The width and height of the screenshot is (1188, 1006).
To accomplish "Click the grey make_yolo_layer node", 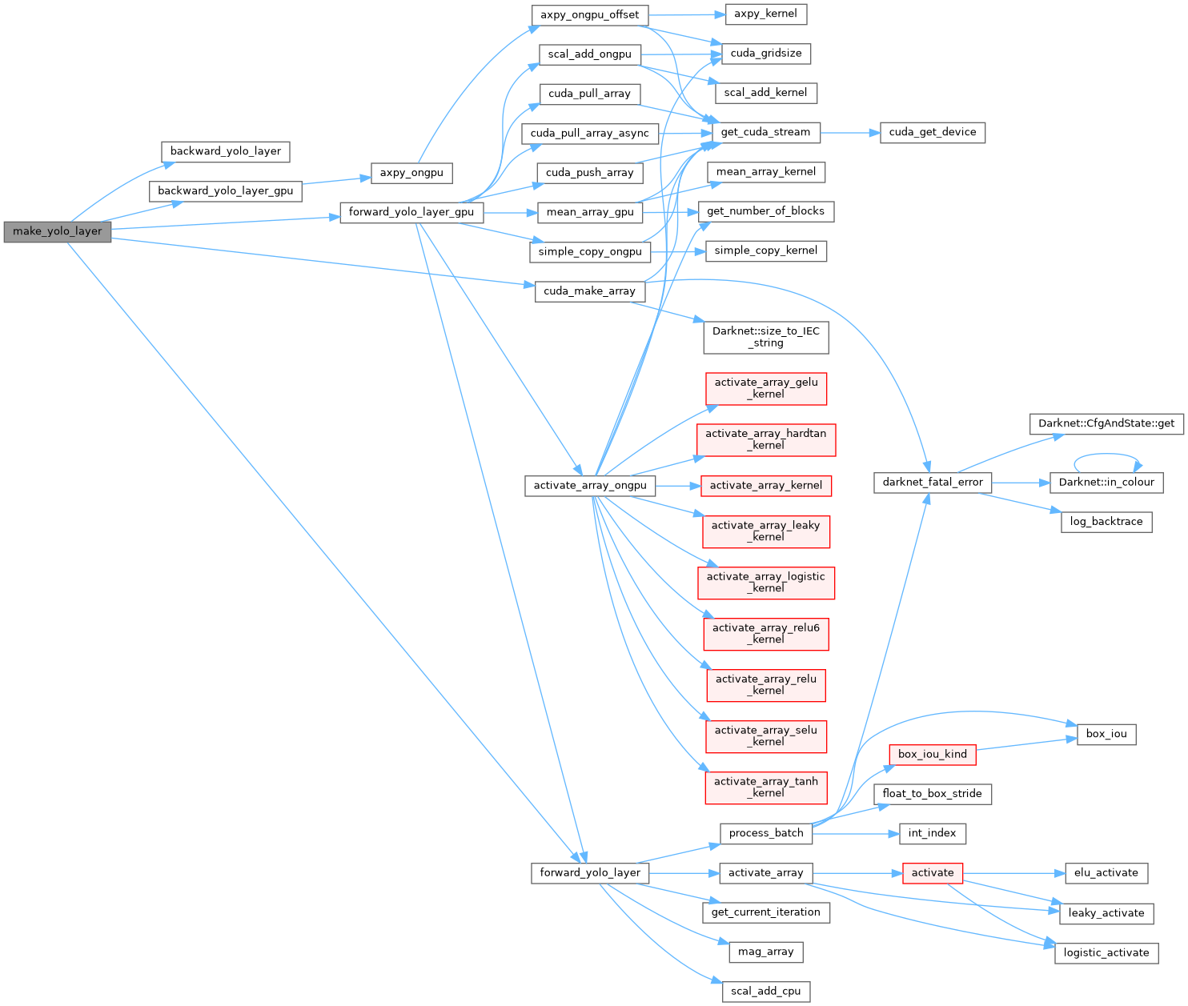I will click(x=58, y=231).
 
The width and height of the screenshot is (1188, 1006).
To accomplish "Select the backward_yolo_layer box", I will click(x=225, y=151).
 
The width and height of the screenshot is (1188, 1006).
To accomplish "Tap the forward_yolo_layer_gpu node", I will click(x=411, y=212).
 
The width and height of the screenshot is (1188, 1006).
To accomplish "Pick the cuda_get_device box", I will click(x=933, y=132).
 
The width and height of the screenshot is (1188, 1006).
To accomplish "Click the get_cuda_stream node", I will click(x=765, y=132).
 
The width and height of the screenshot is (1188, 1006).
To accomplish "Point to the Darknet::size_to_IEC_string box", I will click(x=765, y=337).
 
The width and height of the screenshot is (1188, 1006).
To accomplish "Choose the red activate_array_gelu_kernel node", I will click(x=765, y=388).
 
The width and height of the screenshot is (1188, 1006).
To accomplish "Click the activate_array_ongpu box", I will click(x=590, y=486).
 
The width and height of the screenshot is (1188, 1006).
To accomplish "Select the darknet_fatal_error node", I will click(x=933, y=483).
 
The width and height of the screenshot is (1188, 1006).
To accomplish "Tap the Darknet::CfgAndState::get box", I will click(x=1106, y=423).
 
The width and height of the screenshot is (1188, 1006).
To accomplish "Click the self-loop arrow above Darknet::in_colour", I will click(x=1108, y=455).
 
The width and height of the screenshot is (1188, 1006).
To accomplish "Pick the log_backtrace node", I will click(x=1106, y=522).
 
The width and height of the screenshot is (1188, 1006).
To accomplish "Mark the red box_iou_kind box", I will click(x=932, y=754).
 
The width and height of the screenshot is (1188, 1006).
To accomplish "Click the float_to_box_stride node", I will click(x=932, y=794).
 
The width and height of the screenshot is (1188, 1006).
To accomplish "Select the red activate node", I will click(x=932, y=873).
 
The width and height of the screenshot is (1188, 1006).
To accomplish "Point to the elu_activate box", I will click(x=1106, y=873).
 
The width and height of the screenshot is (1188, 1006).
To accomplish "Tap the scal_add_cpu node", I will click(x=765, y=992).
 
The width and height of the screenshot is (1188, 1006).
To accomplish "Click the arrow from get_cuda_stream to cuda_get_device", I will click(x=850, y=133).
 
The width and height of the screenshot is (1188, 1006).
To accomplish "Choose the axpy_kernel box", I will click(x=765, y=14).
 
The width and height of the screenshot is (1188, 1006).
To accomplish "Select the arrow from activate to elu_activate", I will click(x=1013, y=873).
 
